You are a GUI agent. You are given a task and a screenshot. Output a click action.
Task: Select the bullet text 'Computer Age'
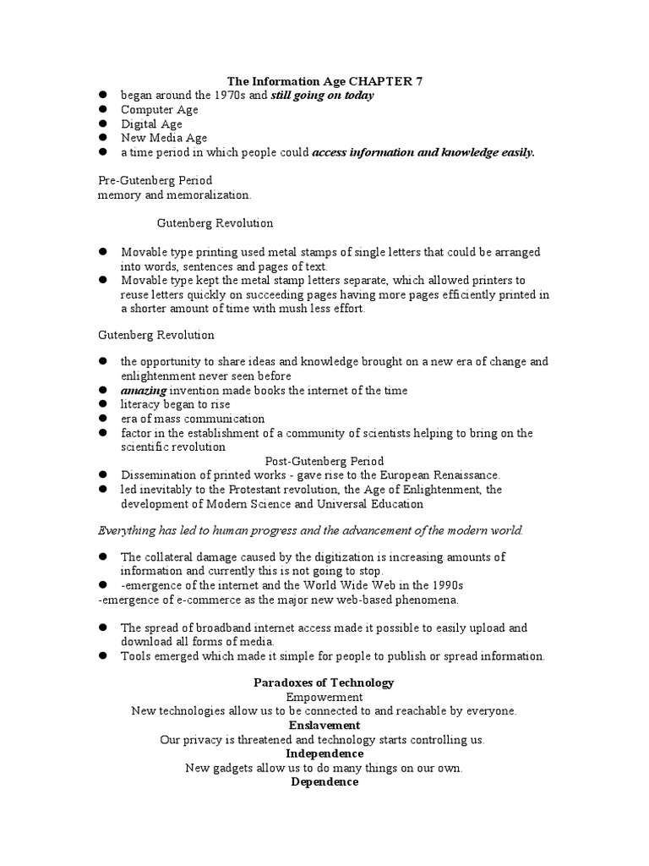(x=160, y=110)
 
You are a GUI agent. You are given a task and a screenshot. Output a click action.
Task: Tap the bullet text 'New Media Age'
(x=164, y=138)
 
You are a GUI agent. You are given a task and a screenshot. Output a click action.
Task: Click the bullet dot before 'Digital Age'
(x=103, y=124)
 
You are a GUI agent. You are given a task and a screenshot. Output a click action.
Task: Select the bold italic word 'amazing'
(x=145, y=390)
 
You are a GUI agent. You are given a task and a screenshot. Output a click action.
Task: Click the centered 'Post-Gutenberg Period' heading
(x=324, y=461)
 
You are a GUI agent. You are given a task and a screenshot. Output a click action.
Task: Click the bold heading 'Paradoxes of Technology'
(x=324, y=682)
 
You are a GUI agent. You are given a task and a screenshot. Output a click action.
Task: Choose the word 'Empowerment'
(x=324, y=697)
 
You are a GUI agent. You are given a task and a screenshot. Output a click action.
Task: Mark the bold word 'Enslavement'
(x=324, y=726)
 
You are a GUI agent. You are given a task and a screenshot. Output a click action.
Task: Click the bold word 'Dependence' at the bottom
(x=324, y=782)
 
